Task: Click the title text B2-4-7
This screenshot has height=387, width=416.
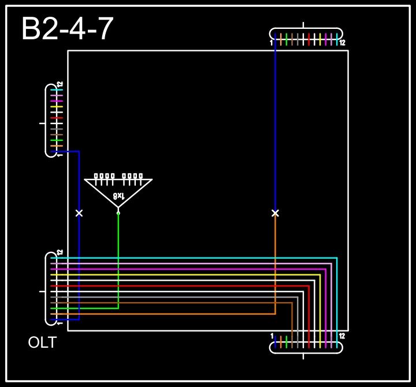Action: pos(67,29)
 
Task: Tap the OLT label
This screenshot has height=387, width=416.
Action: pos(42,343)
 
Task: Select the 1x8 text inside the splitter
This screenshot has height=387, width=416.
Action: pos(118,196)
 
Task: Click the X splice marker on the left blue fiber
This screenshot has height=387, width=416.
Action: pos(79,213)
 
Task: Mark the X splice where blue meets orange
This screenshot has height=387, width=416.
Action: pos(275,213)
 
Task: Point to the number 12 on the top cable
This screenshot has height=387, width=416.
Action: pos(342,43)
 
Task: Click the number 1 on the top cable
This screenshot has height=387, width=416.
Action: pos(271,43)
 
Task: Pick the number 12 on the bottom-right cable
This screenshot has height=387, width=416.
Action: pos(342,336)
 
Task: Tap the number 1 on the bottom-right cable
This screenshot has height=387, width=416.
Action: pos(272,336)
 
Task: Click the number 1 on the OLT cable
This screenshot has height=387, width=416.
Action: pos(60,323)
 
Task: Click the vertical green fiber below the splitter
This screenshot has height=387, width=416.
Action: pos(118,260)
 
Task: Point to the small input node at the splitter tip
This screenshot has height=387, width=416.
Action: pos(118,213)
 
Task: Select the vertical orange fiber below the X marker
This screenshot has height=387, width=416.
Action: pos(275,266)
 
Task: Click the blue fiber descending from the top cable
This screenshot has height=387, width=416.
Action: pos(275,127)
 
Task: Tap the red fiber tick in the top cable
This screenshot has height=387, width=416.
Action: pos(309,39)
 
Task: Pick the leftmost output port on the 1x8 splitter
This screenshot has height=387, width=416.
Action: pos(96,176)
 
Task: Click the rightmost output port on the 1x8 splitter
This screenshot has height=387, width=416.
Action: pos(140,176)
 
